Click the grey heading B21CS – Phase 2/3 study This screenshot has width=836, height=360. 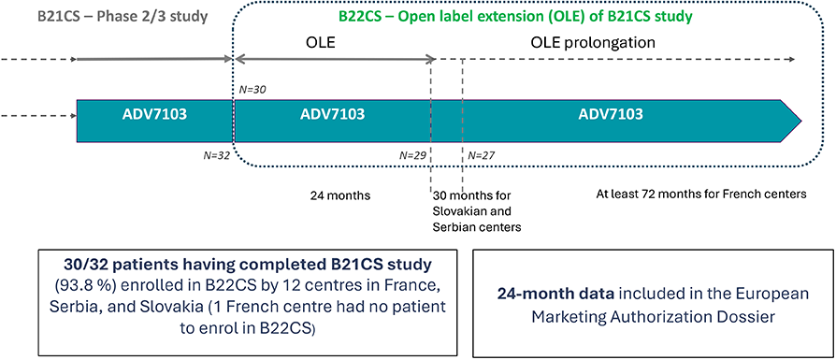[x=123, y=16]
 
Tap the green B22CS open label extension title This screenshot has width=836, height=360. [x=515, y=17]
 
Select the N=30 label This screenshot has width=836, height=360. [x=252, y=90]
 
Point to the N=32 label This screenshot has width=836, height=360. [x=215, y=156]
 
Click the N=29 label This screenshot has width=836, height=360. [x=413, y=156]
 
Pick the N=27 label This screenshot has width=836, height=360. [x=482, y=156]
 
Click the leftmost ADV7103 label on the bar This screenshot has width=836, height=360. [x=154, y=115]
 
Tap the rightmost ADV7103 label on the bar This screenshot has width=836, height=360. [x=610, y=115]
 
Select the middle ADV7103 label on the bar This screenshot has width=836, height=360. [x=332, y=115]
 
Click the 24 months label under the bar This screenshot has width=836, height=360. [x=340, y=195]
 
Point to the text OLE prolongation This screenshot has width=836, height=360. [x=592, y=42]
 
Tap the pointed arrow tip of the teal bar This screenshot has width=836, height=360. [x=800, y=121]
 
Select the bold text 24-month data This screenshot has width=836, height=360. [x=539, y=294]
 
